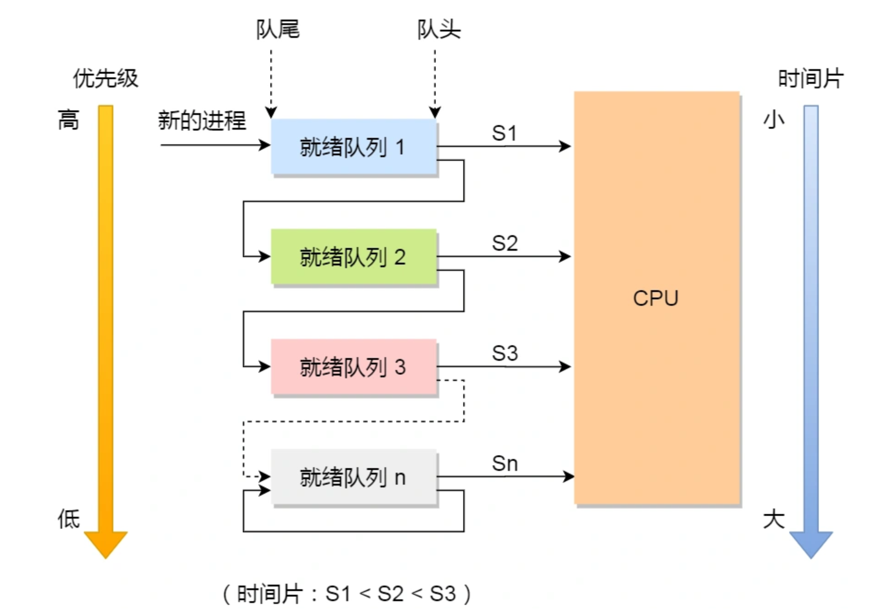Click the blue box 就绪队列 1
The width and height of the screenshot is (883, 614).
coord(353,147)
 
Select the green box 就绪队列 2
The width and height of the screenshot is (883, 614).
coord(353,257)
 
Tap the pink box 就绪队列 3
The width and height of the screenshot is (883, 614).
coord(353,367)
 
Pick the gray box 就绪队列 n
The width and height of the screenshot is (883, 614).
coord(353,477)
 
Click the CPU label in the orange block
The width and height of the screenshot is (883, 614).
coord(655,298)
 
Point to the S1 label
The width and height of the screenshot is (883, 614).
coord(505,133)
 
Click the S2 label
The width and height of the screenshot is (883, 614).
coord(505,243)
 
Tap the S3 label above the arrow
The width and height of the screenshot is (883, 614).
coord(505,353)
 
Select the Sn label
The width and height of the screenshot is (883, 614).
coord(505,464)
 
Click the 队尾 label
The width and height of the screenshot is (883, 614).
coord(277,29)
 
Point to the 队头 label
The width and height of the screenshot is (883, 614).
coord(438,29)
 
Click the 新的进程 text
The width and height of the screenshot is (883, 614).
coord(201,120)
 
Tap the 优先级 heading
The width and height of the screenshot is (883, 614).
coord(105,78)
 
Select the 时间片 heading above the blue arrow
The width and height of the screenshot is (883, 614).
coord(810,79)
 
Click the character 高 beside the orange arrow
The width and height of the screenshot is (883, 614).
coord(69,119)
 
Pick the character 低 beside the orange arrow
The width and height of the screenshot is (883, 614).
coord(69,519)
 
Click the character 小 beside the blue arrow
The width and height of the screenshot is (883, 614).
coord(773,119)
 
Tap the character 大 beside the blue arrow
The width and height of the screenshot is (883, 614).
coord(773,519)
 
